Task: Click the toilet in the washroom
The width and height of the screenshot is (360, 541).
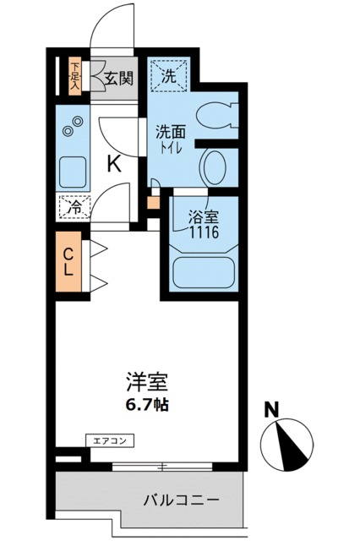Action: pyautogui.click(x=222, y=117)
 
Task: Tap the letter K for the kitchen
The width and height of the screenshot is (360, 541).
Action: pyautogui.click(x=113, y=163)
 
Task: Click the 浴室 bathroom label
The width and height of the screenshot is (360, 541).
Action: pyautogui.click(x=203, y=216)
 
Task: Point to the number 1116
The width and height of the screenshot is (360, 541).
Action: pyautogui.click(x=204, y=231)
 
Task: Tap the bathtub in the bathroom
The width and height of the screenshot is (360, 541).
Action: pyautogui.click(x=203, y=272)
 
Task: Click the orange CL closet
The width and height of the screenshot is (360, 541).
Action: pyautogui.click(x=71, y=263)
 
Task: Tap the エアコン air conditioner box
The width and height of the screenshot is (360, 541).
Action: pyautogui.click(x=111, y=440)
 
